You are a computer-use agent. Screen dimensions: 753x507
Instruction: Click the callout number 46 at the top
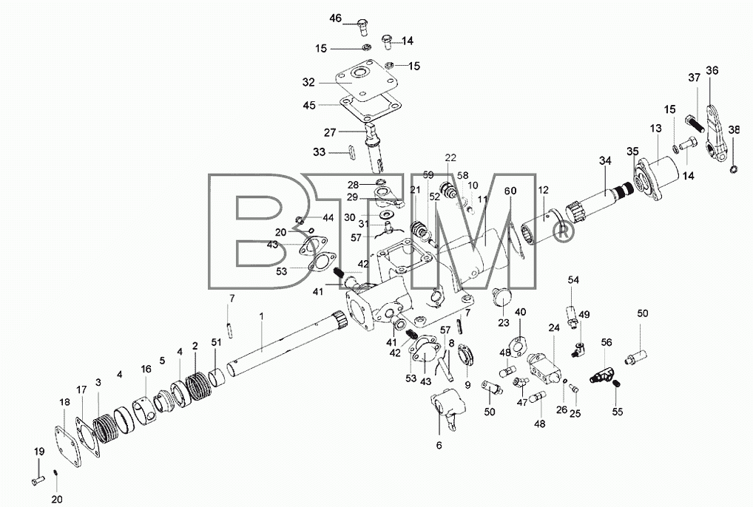335,18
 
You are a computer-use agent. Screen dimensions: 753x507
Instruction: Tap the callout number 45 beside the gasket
309,104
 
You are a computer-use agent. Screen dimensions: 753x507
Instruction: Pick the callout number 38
734,129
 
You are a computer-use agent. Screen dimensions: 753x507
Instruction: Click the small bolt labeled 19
38,479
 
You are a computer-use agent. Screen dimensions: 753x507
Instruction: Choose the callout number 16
146,369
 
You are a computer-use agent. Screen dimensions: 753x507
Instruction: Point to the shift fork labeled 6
448,407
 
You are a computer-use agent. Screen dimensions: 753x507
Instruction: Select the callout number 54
573,280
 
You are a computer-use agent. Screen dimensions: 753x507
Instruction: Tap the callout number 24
554,327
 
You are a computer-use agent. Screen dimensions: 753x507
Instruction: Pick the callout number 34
605,161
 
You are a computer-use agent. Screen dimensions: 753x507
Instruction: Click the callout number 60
510,191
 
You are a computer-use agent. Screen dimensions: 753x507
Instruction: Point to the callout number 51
216,342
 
